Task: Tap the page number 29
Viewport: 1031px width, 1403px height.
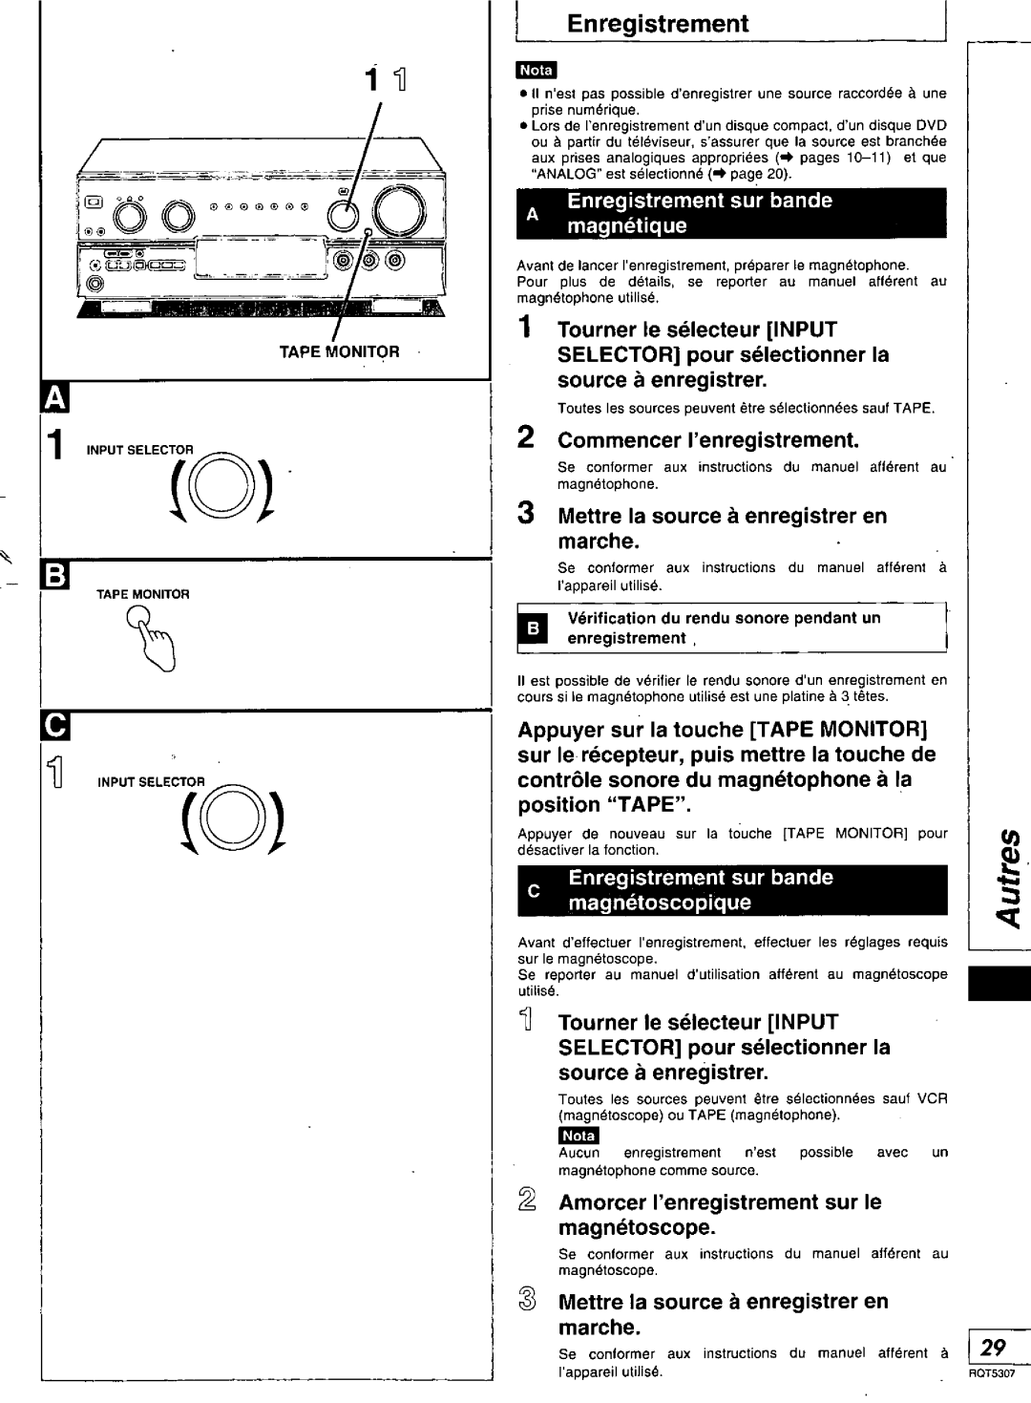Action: pyautogui.click(x=994, y=1348)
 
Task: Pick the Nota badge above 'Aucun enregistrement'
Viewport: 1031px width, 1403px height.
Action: pyautogui.click(x=579, y=1136)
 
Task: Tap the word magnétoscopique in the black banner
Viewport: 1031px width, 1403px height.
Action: pyautogui.click(x=661, y=902)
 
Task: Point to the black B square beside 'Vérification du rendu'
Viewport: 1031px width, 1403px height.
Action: pyautogui.click(x=534, y=628)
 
